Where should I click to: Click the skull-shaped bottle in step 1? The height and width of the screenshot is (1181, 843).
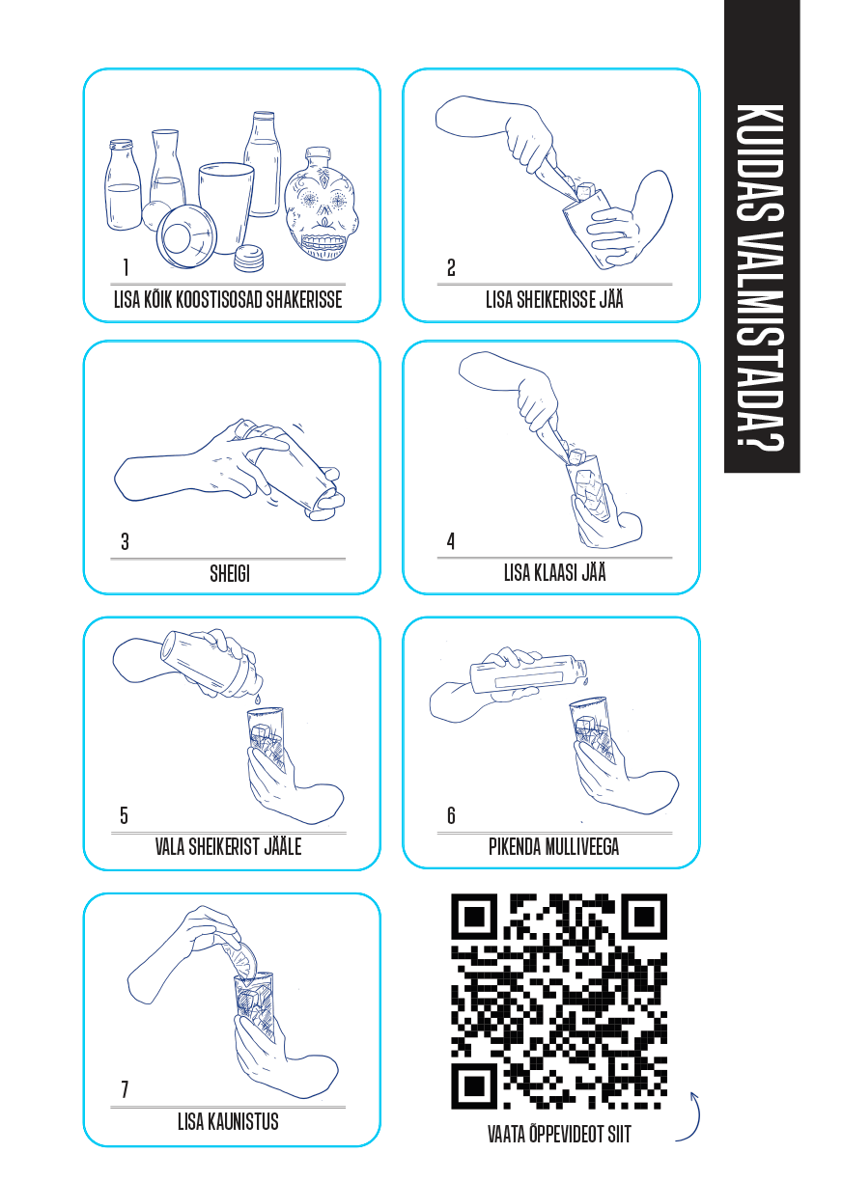[x=321, y=205]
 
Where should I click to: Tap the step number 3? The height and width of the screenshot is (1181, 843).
[x=125, y=542]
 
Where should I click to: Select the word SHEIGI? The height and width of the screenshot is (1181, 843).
[x=230, y=574]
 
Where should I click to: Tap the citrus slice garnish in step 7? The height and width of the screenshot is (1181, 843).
[x=240, y=957]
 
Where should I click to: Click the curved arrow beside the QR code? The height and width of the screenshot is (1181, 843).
[x=688, y=1116]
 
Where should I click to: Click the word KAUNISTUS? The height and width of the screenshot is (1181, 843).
[x=243, y=1122]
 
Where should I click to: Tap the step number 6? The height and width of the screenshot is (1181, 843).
[x=451, y=816]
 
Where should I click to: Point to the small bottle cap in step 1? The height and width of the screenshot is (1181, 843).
[x=248, y=259]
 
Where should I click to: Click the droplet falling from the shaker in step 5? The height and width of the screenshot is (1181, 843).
[x=257, y=700]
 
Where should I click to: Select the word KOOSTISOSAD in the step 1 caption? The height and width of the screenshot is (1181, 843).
[x=219, y=299]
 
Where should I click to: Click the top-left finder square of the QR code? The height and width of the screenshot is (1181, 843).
[x=474, y=917]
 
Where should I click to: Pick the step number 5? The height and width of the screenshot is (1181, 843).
[x=124, y=816]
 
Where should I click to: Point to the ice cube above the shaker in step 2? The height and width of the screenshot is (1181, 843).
[x=585, y=191]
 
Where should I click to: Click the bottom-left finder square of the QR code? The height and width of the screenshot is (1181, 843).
[x=474, y=1085]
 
